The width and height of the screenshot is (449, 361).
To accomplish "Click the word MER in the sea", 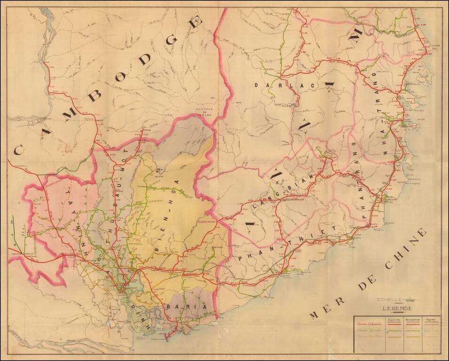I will coord(323,310).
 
